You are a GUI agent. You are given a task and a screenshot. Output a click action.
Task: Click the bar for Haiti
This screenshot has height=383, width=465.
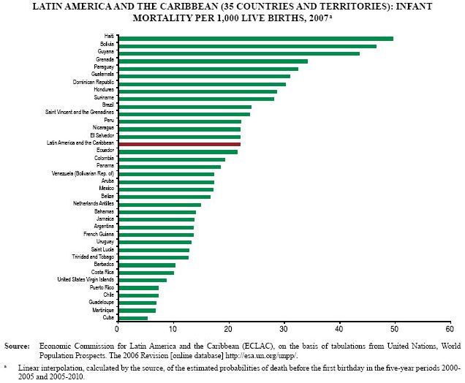coord(256,38)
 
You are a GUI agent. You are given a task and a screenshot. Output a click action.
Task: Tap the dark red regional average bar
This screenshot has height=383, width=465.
coord(179,144)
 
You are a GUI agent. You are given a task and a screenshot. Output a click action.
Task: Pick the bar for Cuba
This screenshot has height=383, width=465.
coord(132,318)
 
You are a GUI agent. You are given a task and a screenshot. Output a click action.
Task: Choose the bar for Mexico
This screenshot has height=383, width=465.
coord(165,189)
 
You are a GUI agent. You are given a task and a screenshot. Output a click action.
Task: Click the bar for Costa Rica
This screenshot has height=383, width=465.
coord(145,273)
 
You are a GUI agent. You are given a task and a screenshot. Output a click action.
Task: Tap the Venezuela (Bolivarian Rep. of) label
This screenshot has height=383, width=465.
coord(82,174)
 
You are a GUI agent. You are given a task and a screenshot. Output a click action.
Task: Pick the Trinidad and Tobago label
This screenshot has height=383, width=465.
coord(91,257)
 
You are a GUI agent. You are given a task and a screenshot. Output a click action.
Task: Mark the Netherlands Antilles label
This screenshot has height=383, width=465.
coord(93,204)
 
